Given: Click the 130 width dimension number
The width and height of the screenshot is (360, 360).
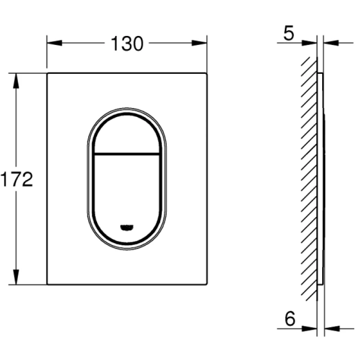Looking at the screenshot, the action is (x=127, y=44).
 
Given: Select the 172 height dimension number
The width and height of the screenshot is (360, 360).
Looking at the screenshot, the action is (x=17, y=179).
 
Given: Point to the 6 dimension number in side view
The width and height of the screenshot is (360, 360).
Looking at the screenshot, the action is (x=290, y=319).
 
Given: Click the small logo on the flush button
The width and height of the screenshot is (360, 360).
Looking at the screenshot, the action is (x=127, y=227).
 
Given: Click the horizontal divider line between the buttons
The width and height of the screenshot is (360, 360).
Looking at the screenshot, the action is (x=127, y=154).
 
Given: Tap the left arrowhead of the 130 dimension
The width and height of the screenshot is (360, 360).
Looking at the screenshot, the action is (x=55, y=43).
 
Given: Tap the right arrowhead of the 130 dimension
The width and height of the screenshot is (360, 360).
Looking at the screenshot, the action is (x=199, y=43).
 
